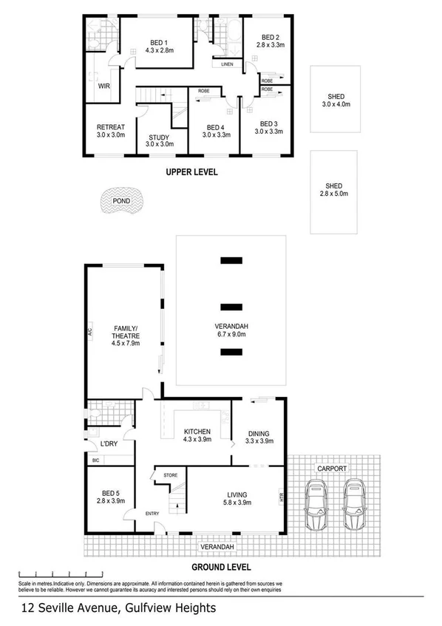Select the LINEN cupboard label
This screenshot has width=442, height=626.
pos(228,65)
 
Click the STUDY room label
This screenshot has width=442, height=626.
pos(159,137)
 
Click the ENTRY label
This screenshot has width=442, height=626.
pos(152,514)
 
